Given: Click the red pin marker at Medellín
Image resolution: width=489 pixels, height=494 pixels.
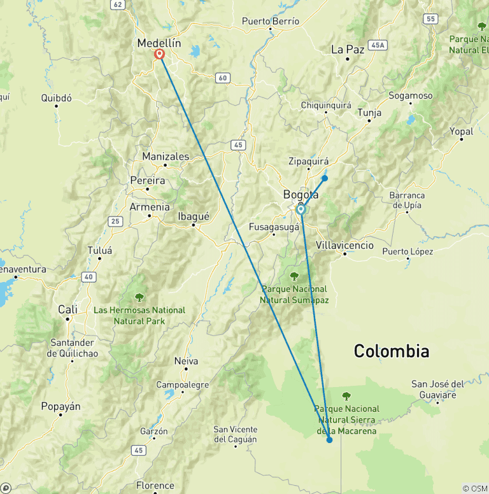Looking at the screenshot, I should point(159,55).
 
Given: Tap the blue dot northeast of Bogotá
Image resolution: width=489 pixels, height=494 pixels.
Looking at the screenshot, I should point(325,178).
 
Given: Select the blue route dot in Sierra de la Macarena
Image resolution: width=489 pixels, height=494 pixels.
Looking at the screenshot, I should point(329,440).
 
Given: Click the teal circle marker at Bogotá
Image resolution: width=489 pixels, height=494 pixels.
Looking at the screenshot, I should point(301,209).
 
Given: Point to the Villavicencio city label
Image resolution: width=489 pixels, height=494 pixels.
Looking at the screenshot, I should point(344,245).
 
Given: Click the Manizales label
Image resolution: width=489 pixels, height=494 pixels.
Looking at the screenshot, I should point(166,156).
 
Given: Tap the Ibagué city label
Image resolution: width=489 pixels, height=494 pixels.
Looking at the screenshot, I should point(194,216).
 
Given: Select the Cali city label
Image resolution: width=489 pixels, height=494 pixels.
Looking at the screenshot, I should point(67,309).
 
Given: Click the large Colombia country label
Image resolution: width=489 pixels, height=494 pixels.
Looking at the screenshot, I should point(391,351).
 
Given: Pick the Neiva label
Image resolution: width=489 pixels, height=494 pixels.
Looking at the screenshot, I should point(186,361).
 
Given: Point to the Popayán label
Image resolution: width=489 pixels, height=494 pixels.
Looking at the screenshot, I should point(60,406).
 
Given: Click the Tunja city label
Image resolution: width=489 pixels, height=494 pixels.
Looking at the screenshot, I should point(369,113).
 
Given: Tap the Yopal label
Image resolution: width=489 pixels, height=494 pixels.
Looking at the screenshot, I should point(462,131).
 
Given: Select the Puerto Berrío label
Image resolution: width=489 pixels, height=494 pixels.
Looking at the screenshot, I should point(271,21).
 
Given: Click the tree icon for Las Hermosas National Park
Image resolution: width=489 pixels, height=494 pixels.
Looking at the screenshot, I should point(139,297).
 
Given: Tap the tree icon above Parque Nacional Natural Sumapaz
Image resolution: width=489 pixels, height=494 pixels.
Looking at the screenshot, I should point(294,276).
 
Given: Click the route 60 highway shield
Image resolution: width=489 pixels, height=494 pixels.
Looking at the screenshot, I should point(222,78).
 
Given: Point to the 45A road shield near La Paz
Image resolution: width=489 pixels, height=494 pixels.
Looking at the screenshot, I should point(379,45).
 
